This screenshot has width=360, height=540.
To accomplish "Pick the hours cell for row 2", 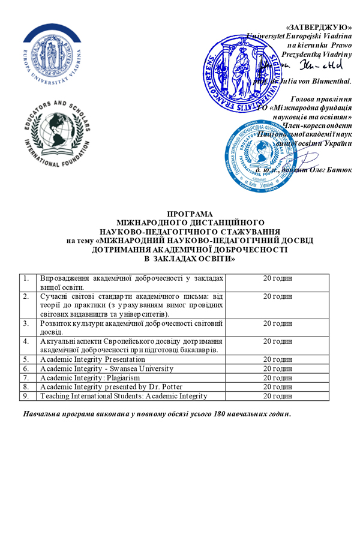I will point(278,296).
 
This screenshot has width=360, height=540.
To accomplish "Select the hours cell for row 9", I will point(278,396).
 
